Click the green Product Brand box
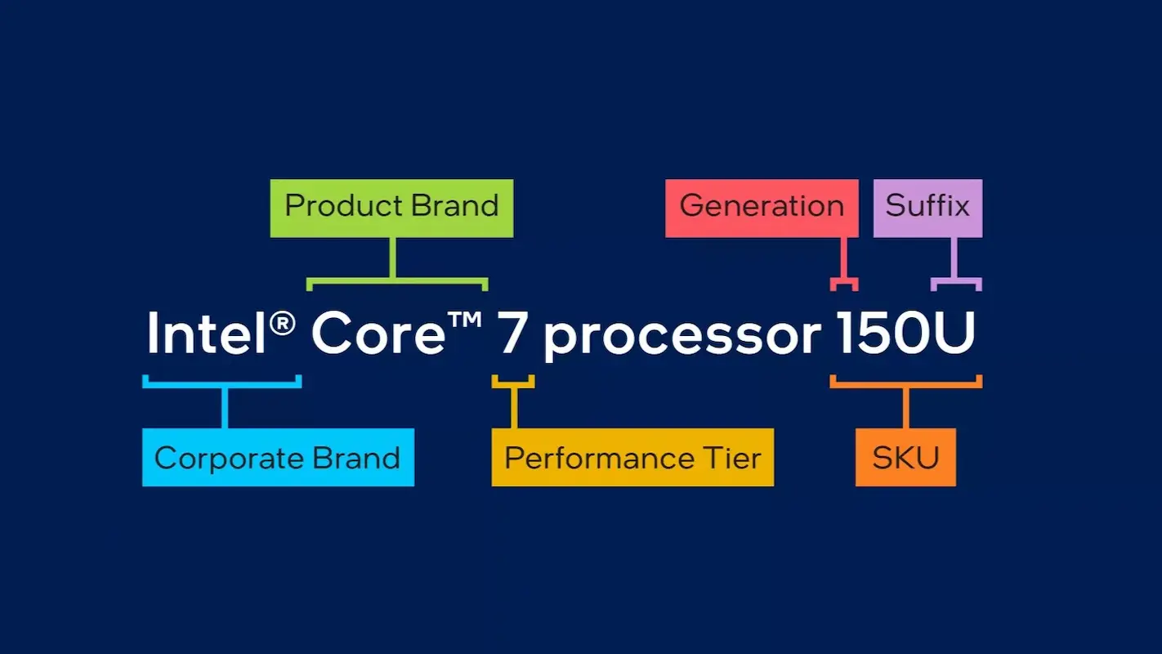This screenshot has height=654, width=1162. (x=391, y=208)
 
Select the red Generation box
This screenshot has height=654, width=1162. (x=762, y=208)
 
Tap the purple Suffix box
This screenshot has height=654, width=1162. (x=927, y=208)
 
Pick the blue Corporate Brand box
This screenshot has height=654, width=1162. (x=278, y=457)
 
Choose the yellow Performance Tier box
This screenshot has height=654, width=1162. (x=632, y=457)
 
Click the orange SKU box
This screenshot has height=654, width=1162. (x=905, y=457)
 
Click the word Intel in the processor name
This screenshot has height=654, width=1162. (x=207, y=333)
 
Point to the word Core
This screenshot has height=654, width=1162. (x=378, y=333)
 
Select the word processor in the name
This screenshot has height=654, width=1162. (x=682, y=336)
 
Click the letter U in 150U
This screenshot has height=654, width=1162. (x=955, y=333)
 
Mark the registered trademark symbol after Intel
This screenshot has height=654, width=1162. (x=282, y=324)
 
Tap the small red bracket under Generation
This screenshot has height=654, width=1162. (x=844, y=283)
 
